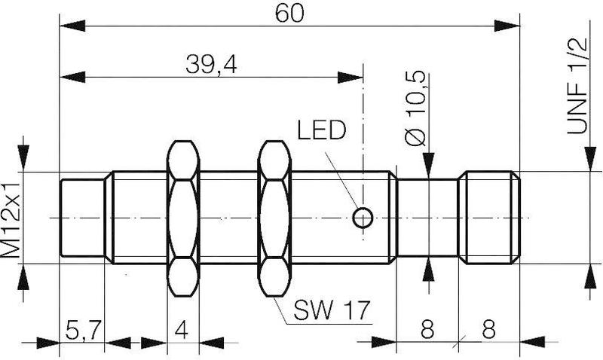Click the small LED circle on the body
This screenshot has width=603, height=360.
(363, 218)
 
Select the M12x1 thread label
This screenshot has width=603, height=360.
(11, 218)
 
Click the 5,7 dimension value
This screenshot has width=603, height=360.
(82, 329)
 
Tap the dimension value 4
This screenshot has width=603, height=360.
(182, 329)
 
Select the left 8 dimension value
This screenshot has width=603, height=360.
(427, 329)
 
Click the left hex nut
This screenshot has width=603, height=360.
(182, 218)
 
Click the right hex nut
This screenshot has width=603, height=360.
(274, 218)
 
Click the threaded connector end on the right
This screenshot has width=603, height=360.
(491, 218)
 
